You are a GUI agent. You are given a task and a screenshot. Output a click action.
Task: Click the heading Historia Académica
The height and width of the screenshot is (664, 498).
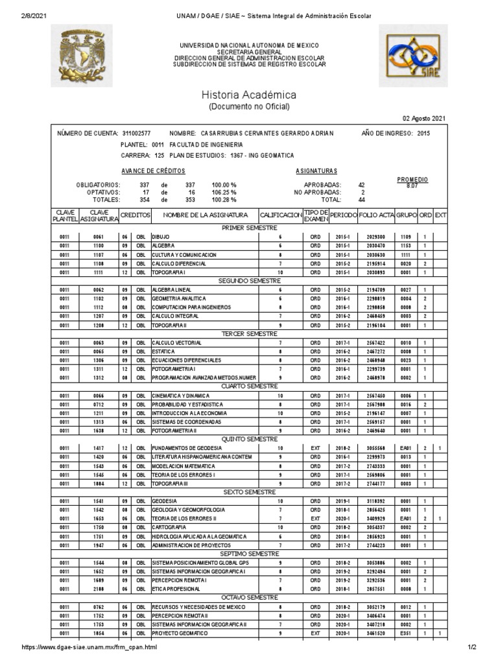pyautogui.click(x=249, y=95)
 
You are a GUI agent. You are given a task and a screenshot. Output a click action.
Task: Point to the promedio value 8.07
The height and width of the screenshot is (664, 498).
pyautogui.click(x=412, y=185)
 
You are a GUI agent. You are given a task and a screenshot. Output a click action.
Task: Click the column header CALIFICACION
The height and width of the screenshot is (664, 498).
pyautogui.click(x=281, y=215)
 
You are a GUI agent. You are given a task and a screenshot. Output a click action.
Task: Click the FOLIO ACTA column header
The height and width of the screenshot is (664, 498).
pyautogui.click(x=375, y=215)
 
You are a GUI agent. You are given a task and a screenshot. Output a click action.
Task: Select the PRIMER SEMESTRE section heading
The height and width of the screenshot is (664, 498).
pyautogui.click(x=249, y=228)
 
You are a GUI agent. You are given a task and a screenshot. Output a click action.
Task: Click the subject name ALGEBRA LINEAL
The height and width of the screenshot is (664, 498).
pyautogui.click(x=172, y=290)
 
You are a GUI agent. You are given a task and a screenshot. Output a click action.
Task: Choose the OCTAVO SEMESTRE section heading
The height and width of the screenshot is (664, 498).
pyautogui.click(x=249, y=597)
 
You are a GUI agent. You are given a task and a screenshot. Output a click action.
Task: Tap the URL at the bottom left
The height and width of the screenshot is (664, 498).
pyautogui.click(x=89, y=647)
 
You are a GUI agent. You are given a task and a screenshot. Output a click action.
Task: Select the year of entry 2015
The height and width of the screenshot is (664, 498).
pyautogui.click(x=423, y=133)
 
